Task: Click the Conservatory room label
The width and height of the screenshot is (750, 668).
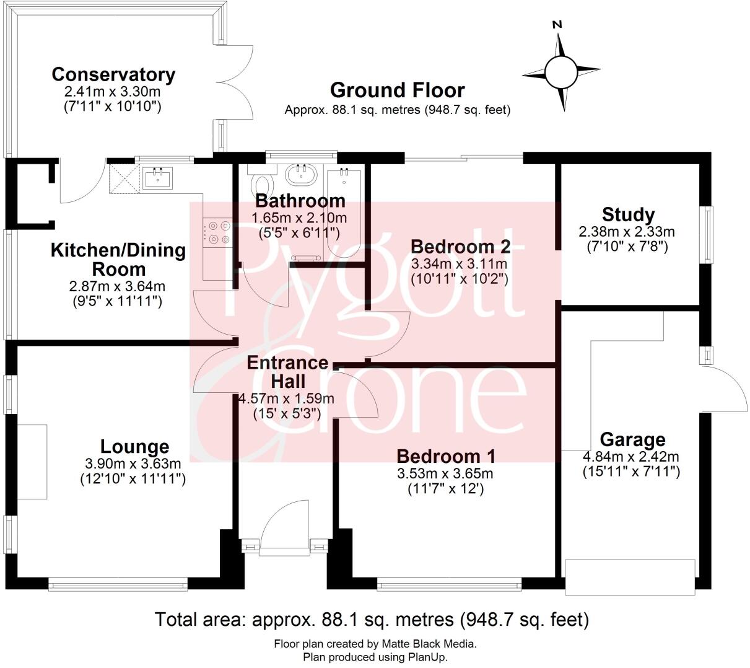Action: pyautogui.click(x=113, y=74)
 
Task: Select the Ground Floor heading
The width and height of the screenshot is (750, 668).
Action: pyautogui.click(x=397, y=90)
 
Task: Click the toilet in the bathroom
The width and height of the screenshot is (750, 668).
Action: pyautogui.click(x=263, y=183)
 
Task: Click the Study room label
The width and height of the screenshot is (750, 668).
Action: pyautogui.click(x=628, y=215)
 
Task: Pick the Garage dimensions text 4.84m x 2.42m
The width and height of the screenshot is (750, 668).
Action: pyautogui.click(x=630, y=457)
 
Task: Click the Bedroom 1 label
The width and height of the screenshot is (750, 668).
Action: pyautogui.click(x=446, y=457)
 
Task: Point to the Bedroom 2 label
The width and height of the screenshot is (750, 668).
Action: pyautogui.click(x=461, y=247)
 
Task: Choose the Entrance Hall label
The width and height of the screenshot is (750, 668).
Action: pyautogui.click(x=287, y=371)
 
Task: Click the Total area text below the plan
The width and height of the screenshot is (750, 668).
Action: pyautogui.click(x=372, y=619)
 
